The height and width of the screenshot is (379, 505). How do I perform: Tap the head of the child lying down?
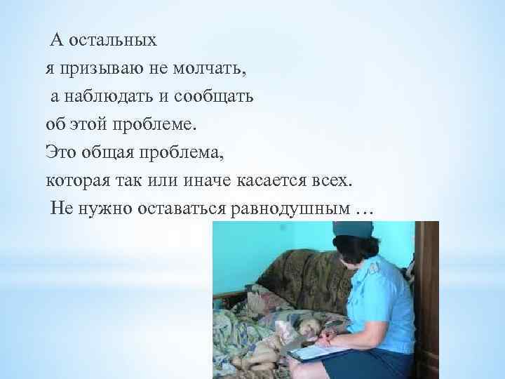pos(307,327)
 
